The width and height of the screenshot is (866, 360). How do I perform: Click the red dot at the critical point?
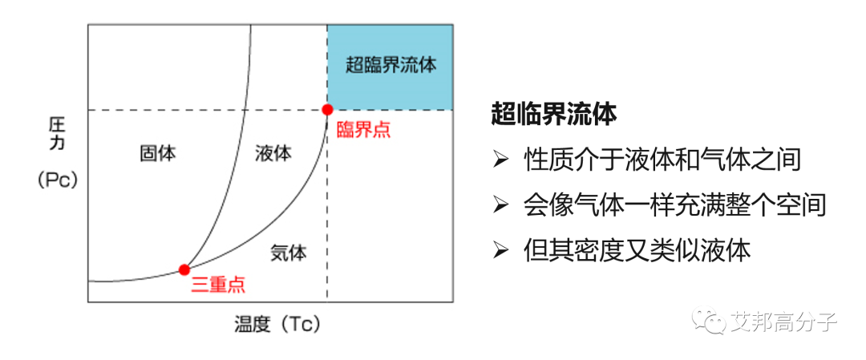tap(327, 109)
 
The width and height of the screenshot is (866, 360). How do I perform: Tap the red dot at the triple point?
tap(184, 269)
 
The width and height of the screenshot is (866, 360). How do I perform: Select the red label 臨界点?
tap(363, 129)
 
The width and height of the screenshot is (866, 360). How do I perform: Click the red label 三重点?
tap(218, 285)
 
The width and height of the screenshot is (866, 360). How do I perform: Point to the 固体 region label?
tap(158, 153)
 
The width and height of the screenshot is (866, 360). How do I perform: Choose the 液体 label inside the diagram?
tap(273, 153)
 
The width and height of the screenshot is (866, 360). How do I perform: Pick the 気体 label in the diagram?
tap(289, 253)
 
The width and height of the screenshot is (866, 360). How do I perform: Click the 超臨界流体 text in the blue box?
tap(391, 66)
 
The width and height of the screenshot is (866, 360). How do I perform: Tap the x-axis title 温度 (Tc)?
tap(277, 325)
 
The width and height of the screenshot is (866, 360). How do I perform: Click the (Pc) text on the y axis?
tap(57, 181)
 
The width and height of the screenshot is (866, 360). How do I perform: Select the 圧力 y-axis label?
tap(57, 136)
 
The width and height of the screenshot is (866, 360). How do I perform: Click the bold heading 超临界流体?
tap(554, 115)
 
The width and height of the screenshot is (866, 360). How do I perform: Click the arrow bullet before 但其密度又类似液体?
tap(500, 251)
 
